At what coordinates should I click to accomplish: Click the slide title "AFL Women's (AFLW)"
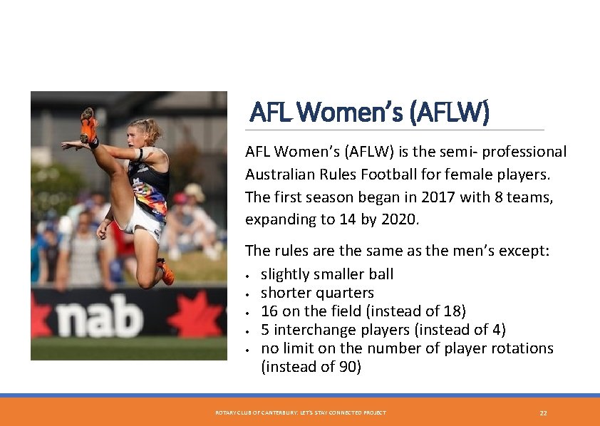[x=369, y=113]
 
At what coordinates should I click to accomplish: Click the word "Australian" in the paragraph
[x=281, y=175]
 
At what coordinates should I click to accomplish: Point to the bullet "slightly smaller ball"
[x=327, y=274]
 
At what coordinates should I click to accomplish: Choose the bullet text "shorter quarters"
[x=317, y=293]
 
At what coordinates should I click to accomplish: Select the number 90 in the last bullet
[x=348, y=367]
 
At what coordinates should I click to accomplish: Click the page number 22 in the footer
[x=543, y=413]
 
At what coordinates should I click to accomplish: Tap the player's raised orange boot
[x=89, y=127]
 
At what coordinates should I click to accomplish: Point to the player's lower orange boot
[x=166, y=273]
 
